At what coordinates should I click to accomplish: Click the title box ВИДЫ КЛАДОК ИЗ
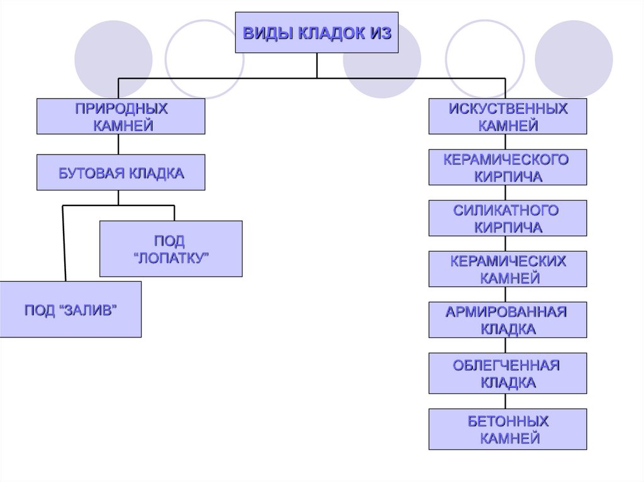tap(317, 32)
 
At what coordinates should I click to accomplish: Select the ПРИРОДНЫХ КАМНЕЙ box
tap(121, 116)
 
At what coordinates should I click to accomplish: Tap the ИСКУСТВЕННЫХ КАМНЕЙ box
tap(508, 116)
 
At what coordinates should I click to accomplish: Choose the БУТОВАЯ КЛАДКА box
tap(121, 172)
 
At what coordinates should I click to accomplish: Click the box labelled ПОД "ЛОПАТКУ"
tap(171, 249)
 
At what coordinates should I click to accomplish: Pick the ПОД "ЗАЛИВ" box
tap(70, 309)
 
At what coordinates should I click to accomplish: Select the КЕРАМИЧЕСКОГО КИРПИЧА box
tap(508, 167)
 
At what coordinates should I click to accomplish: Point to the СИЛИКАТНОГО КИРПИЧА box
tap(508, 218)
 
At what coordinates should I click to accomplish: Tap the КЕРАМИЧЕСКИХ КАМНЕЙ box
tap(508, 269)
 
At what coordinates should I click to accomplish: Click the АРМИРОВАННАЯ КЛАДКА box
tap(508, 320)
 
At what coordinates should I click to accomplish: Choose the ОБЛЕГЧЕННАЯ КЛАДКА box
tap(508, 373)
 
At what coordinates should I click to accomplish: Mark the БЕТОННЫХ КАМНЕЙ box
tap(508, 429)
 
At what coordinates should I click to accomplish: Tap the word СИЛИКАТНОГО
tap(506, 211)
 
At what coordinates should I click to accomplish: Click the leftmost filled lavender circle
tap(113, 60)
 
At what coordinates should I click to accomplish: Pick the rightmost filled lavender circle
tap(573, 60)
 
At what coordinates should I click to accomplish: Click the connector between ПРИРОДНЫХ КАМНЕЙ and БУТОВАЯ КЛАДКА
tap(119, 144)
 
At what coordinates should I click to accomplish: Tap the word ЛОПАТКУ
tap(172, 258)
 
